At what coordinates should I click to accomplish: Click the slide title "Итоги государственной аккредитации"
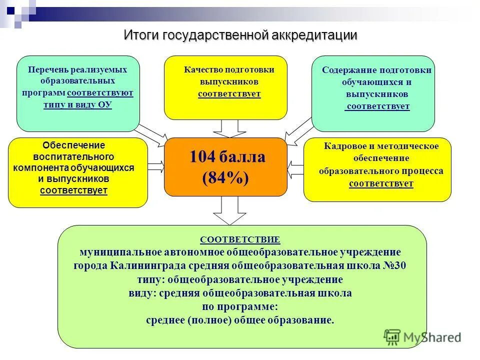click(240, 35)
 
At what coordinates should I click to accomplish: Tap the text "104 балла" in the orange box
click(227, 157)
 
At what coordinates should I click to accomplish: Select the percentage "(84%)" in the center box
click(225, 178)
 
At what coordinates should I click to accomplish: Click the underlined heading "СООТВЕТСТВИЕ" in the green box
click(240, 239)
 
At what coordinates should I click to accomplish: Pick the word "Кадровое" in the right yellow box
click(343, 146)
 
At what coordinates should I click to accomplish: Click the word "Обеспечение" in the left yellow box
click(73, 145)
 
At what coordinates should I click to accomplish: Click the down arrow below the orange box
click(226, 210)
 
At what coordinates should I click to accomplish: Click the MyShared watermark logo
click(422, 337)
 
